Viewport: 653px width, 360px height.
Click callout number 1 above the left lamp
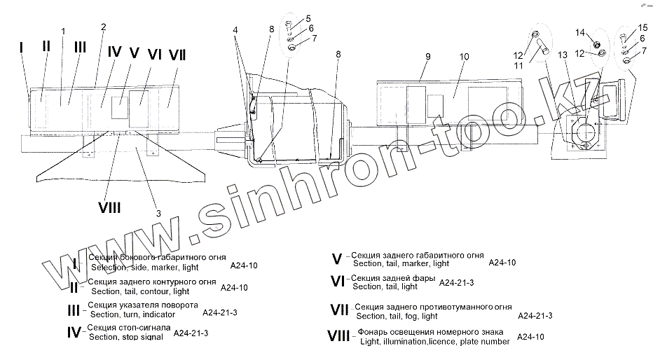click(x=63, y=31)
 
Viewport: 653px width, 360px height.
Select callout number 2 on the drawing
click(x=104, y=27)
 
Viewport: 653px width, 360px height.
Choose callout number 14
click(x=579, y=32)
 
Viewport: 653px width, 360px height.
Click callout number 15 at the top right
click(x=642, y=28)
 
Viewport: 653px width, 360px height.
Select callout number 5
click(x=309, y=18)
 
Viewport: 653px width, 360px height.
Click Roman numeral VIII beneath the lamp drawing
click(x=109, y=207)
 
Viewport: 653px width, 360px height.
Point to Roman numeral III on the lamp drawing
click(x=80, y=47)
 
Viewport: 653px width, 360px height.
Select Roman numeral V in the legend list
click(x=336, y=259)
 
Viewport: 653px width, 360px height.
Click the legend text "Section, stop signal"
click(x=126, y=337)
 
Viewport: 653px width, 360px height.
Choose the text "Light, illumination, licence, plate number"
click(x=435, y=341)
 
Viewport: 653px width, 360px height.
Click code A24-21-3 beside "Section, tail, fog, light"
click(x=535, y=316)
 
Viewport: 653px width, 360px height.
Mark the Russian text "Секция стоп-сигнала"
click(x=128, y=328)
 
